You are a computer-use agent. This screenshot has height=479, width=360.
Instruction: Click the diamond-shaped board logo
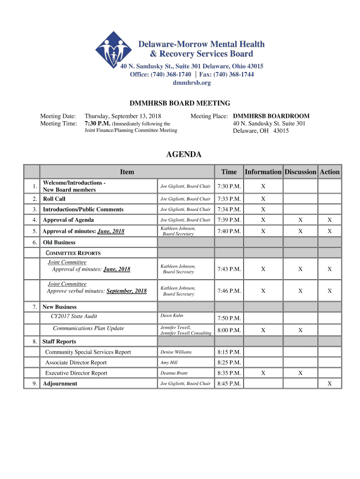114,50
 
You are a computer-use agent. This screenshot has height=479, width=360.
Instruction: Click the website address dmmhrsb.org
192,83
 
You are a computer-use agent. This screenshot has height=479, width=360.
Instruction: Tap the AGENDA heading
184,154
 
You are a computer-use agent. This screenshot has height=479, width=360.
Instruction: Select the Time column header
229,172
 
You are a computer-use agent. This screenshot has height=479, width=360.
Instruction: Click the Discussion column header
300,172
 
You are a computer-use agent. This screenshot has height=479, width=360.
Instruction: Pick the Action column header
330,172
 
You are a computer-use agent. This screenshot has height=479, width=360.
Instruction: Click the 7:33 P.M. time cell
229,199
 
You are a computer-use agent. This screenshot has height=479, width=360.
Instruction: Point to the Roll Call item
54,199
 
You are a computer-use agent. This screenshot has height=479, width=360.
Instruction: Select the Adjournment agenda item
60,384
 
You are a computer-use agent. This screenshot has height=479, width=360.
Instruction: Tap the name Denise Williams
176,352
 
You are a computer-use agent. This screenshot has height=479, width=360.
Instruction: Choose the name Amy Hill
170,363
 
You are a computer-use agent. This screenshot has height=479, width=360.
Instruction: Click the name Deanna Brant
174,373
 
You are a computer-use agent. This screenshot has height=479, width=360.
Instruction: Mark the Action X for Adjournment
330,384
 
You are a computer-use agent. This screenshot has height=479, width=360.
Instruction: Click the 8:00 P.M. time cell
229,330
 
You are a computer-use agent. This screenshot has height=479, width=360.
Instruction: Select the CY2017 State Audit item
74,316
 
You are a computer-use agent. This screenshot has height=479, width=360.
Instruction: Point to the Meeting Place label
209,116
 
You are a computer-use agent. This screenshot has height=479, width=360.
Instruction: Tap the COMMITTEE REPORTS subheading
73,253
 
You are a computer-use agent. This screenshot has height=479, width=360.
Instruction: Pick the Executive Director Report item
76,373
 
